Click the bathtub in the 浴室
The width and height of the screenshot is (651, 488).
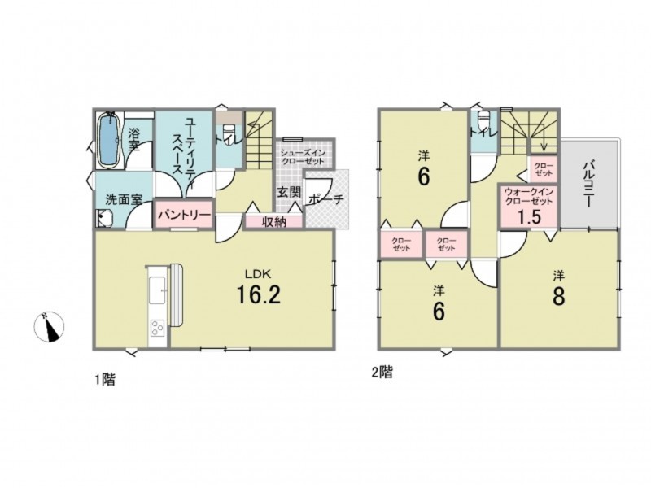pos(110,140)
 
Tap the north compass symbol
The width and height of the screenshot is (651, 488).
pos(50,327)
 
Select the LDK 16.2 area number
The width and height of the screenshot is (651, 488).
pos(258,294)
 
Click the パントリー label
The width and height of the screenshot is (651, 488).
pos(185,215)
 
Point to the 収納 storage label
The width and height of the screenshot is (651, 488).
pos(273,222)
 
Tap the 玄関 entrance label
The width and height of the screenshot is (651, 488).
pos(289,193)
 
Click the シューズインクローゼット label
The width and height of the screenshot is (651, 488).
pos(303,156)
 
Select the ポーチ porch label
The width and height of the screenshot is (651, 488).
pos(326,200)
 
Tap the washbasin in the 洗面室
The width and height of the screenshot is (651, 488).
pos(105,218)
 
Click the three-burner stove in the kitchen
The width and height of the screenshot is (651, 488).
pos(158,327)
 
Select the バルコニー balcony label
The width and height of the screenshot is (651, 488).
pos(588,185)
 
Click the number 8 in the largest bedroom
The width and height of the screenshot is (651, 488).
pos(559,296)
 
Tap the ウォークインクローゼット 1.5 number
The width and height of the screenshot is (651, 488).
pos(529,216)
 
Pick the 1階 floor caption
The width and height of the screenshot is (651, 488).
pos(106,379)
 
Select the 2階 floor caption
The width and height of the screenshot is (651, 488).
pos(382,373)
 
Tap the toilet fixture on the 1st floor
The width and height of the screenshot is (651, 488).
pos(229,133)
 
